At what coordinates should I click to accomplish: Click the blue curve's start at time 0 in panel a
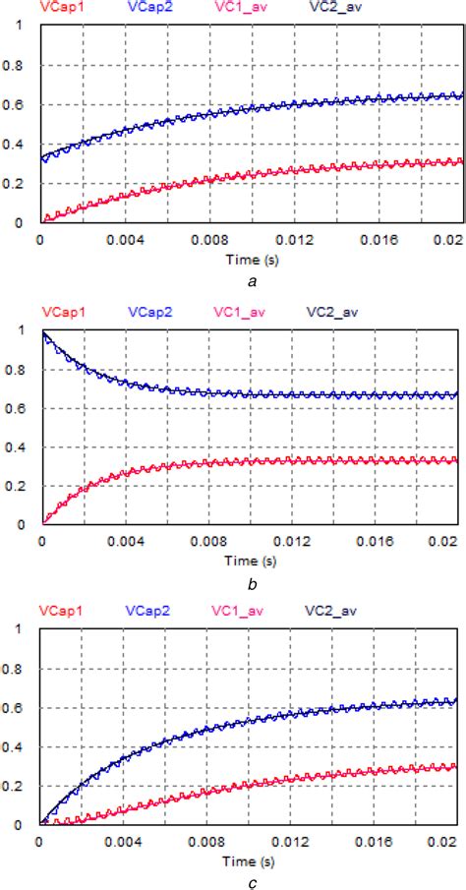(x=41, y=157)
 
